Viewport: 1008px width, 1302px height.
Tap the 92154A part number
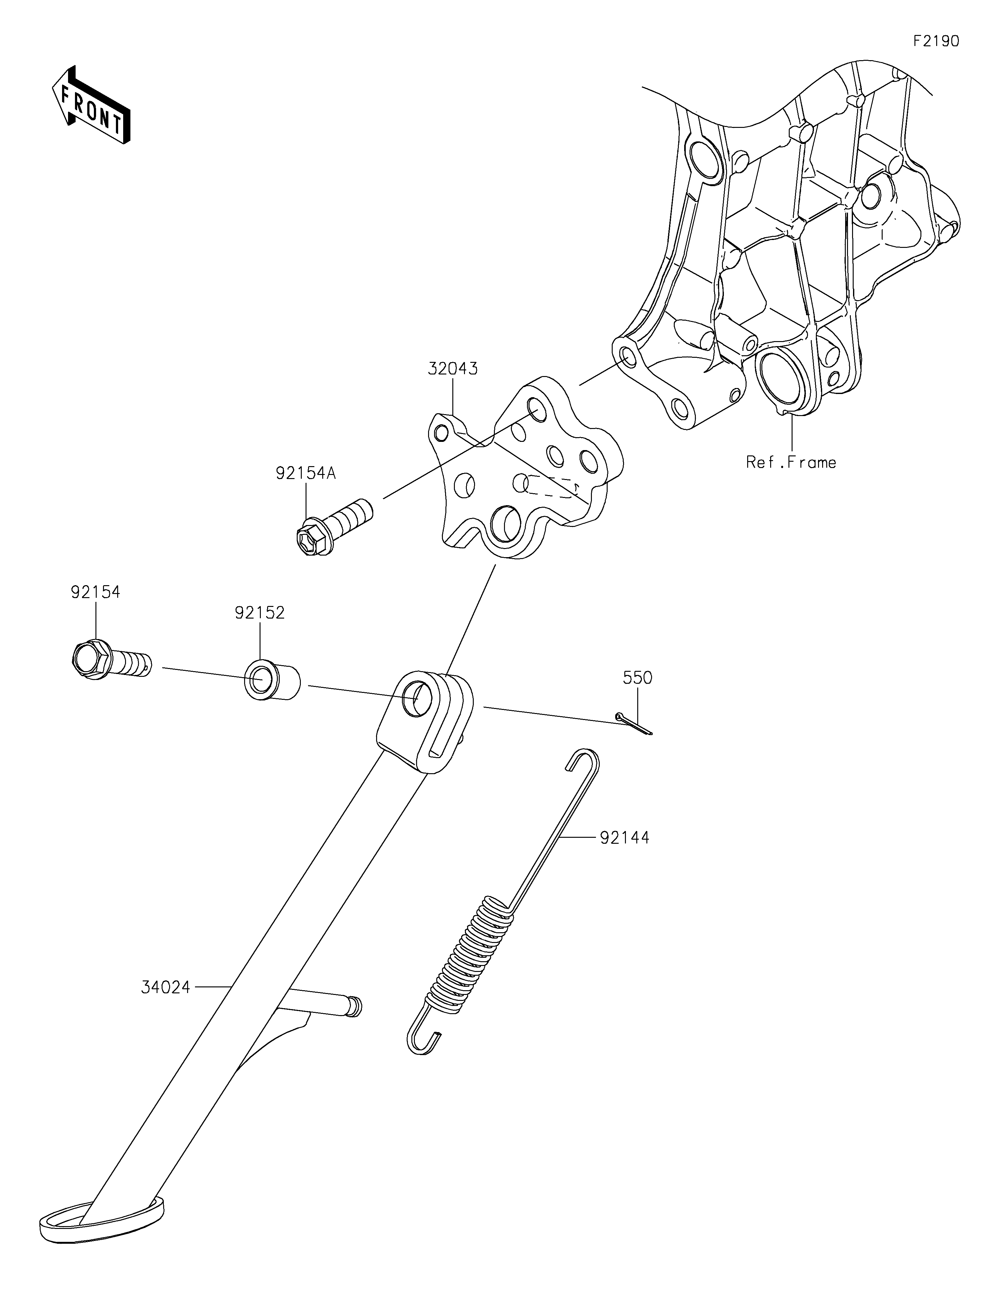[x=306, y=473]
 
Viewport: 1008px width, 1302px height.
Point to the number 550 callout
[x=638, y=678]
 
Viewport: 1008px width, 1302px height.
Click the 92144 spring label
[x=625, y=837]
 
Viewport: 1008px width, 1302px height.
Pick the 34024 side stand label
[x=166, y=988]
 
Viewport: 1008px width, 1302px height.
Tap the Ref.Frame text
[x=791, y=462]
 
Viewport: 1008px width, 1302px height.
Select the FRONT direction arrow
[x=91, y=105]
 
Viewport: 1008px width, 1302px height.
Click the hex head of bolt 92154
[x=91, y=657]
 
